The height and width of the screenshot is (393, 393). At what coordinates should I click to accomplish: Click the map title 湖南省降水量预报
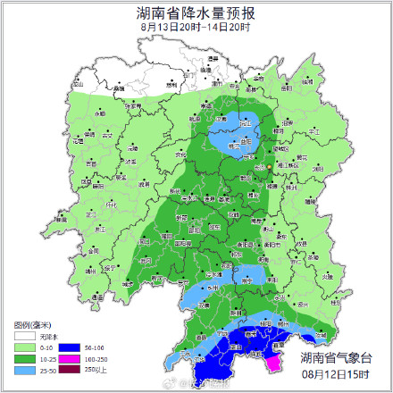point(196,13)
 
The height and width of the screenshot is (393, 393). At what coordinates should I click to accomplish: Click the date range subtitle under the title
point(196,27)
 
